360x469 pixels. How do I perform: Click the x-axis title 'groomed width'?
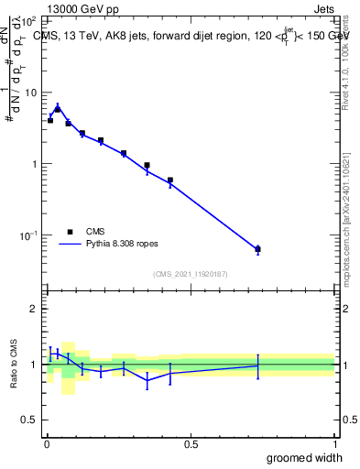(305, 457)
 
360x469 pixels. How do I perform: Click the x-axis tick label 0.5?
(191, 444)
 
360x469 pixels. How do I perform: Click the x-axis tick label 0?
(47, 444)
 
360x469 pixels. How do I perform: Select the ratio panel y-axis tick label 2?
(34, 309)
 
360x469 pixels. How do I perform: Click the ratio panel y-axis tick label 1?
(34, 365)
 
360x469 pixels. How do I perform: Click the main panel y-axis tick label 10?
(29, 93)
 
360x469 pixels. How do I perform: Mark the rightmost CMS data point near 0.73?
(257, 249)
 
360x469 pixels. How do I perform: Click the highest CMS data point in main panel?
(58, 109)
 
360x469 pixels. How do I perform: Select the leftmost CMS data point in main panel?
(50, 120)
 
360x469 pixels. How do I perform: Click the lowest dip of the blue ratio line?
(147, 380)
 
